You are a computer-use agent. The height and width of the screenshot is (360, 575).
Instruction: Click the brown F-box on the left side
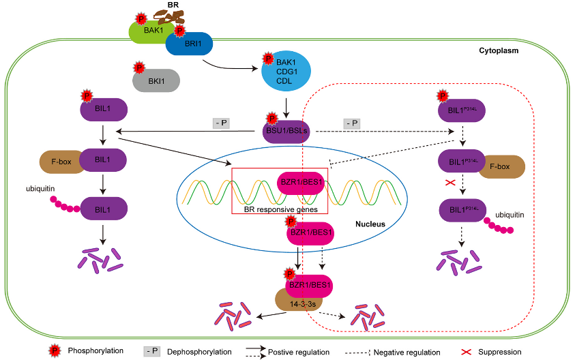coord(60,163)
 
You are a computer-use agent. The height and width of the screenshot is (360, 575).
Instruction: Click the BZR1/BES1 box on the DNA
coord(302,183)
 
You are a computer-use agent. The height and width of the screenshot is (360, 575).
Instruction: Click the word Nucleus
coord(370,224)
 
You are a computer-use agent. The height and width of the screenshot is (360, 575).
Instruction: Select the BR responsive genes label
coord(280,209)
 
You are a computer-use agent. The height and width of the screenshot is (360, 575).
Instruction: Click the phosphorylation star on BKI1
coord(139,68)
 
